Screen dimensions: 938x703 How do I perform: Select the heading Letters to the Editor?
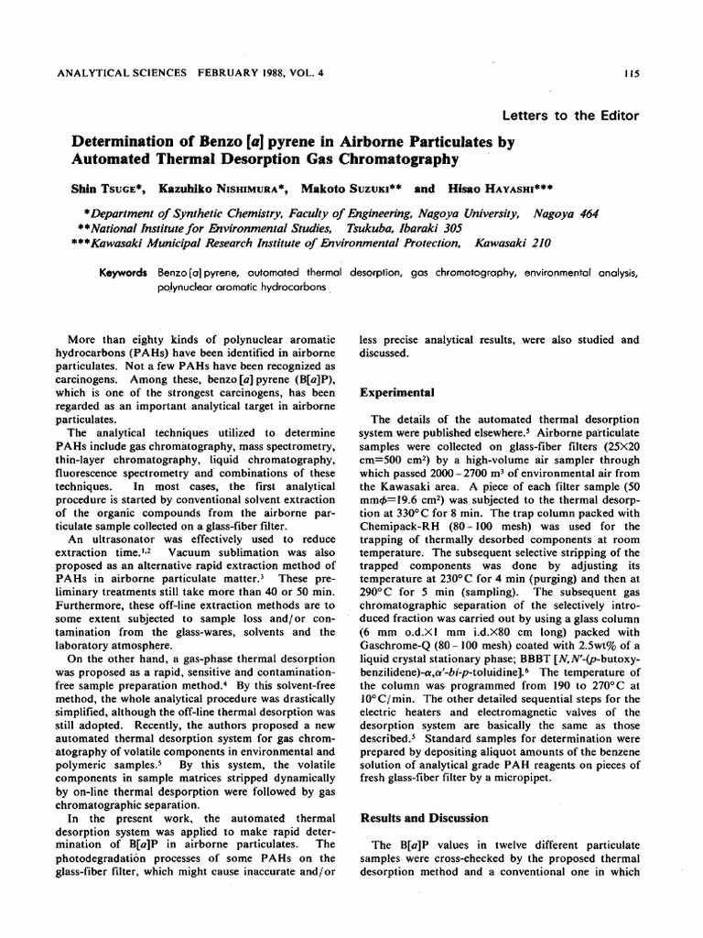tap(570, 115)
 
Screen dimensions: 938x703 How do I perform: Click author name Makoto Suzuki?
tap(346, 189)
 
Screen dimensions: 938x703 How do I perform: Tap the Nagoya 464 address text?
tap(565, 213)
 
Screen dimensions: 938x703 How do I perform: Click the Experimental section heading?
tap(396, 391)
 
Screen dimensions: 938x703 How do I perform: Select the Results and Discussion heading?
tap(424, 817)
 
